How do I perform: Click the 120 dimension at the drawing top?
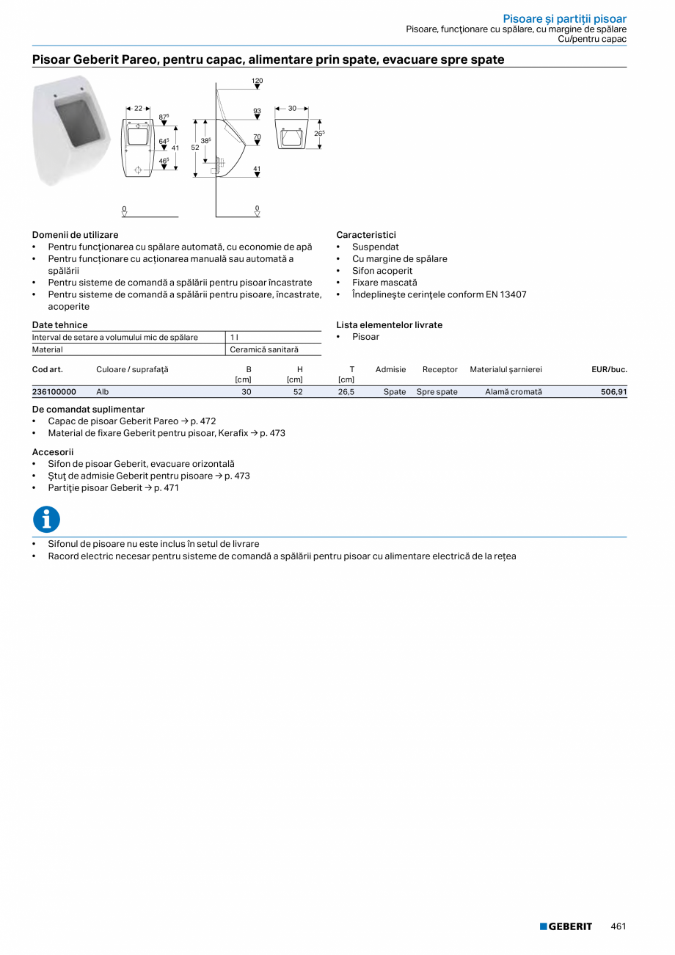(257, 80)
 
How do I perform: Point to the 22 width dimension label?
(138, 108)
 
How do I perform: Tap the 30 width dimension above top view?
(292, 108)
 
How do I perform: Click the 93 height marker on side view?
(257, 111)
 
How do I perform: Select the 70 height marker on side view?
(257, 137)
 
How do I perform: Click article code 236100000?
(54, 392)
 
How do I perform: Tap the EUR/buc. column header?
(609, 369)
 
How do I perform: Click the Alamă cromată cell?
(513, 392)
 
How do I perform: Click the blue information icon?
(46, 520)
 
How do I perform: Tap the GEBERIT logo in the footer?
(566, 926)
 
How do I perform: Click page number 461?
(618, 926)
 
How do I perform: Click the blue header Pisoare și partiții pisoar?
(564, 18)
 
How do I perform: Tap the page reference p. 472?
(203, 421)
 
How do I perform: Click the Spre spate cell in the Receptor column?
(437, 392)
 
